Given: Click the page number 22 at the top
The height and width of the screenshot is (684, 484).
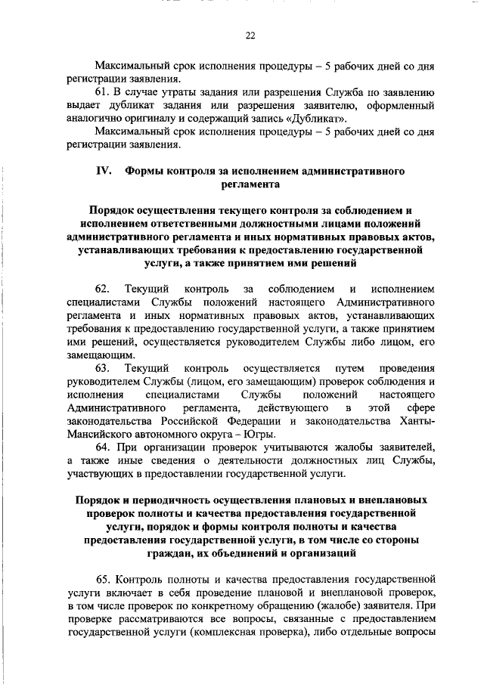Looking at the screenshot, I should [x=250, y=36].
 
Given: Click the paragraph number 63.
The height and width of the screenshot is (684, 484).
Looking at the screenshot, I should [x=103, y=368].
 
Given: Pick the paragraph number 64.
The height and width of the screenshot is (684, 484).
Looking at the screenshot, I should [x=103, y=447].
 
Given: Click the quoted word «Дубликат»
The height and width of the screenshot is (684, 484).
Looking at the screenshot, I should [x=321, y=119].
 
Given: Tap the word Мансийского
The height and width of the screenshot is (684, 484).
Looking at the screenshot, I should [x=101, y=434].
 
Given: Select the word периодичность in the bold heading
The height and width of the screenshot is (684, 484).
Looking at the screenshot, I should [x=169, y=500].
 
